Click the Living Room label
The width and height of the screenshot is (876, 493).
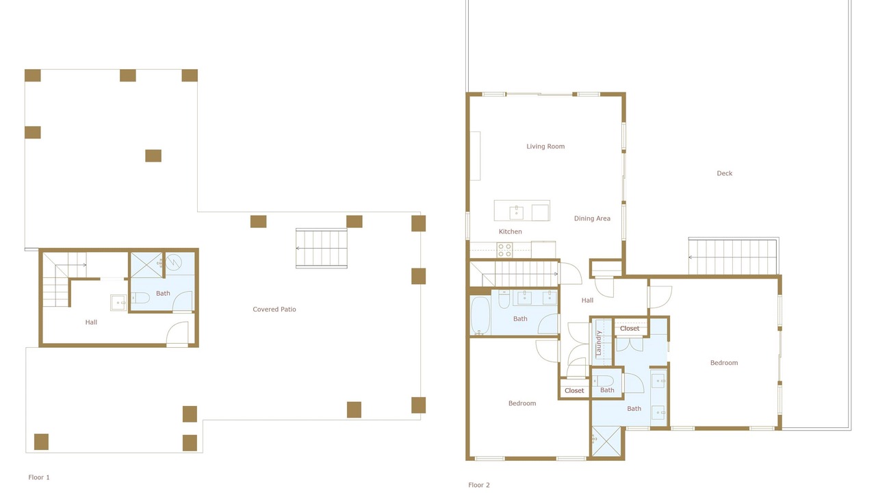545,147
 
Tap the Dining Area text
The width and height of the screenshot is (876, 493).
592,218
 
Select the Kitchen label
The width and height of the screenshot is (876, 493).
510,231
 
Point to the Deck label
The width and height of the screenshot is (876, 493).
724,173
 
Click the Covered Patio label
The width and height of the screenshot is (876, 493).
274,309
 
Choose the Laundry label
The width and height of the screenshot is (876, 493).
598,343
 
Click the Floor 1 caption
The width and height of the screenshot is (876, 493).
39,477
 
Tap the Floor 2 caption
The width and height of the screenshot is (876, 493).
478,485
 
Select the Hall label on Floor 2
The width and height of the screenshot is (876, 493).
587,301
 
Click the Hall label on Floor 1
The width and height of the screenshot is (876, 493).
91,323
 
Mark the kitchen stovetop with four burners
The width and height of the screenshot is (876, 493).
504,250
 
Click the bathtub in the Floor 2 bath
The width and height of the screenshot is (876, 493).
480,316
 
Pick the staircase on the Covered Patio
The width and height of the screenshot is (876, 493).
322,249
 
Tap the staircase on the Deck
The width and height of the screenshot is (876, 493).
733,256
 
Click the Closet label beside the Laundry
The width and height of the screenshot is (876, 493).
630,329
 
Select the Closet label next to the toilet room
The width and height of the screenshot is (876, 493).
574,391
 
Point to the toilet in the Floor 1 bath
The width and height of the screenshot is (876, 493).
140,298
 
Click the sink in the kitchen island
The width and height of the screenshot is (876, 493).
516,212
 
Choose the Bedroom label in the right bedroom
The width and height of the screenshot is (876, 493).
724,363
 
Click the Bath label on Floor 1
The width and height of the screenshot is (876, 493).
163,294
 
